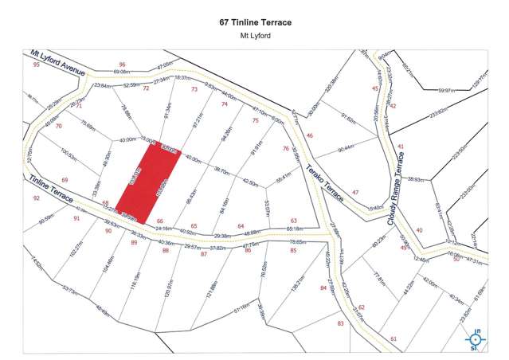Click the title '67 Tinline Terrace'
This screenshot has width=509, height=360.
254,22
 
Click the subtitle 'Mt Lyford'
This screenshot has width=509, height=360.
254,36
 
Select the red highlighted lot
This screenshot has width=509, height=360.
149,184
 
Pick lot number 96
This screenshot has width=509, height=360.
122,65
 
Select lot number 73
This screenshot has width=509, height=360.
194,89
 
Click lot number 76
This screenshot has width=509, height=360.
285,148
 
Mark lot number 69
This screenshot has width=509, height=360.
65,180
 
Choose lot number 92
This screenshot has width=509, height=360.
36,198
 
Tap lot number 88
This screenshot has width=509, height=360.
166,251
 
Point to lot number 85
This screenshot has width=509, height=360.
293,251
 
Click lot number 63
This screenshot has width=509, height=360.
293,221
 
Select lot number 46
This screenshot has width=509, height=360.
310,136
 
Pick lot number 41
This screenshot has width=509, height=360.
401,147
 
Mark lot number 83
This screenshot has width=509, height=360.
340,323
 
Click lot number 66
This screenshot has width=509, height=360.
160,221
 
